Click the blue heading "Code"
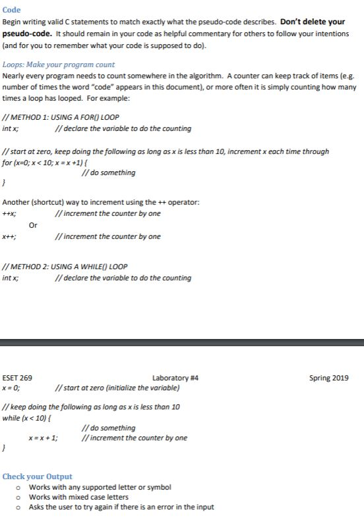(x=12, y=10)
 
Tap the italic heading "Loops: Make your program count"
(x=59, y=65)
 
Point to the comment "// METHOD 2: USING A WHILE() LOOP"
(x=65, y=266)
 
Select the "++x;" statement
(x=10, y=214)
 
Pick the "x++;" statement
(x=10, y=236)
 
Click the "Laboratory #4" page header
(x=175, y=378)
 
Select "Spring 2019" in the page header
(x=328, y=378)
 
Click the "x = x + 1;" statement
(x=43, y=438)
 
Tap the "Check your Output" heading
(x=38, y=476)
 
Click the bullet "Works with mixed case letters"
(x=78, y=497)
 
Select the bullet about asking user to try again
(x=121, y=507)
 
